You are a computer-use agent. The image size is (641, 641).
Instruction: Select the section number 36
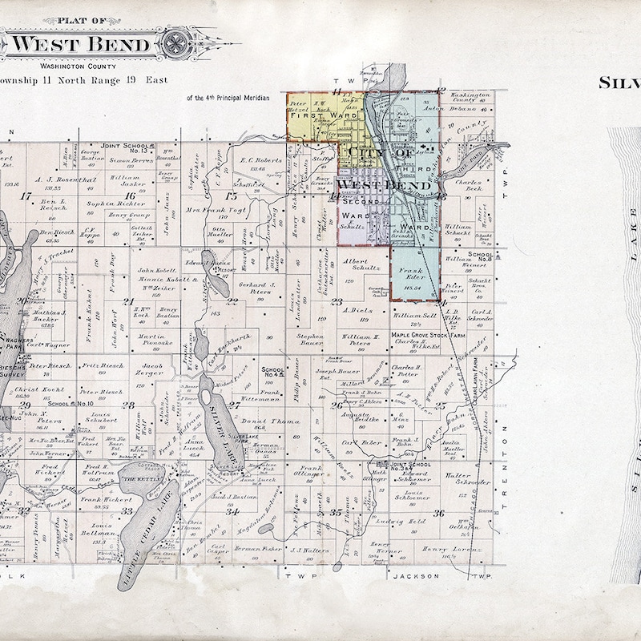[x=438, y=513]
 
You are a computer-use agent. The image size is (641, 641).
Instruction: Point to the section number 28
[x=128, y=405]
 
